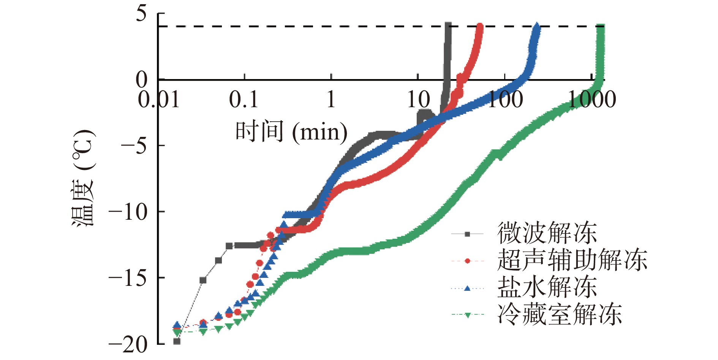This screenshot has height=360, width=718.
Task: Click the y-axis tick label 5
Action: [141, 14]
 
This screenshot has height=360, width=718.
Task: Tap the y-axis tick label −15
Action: [128, 278]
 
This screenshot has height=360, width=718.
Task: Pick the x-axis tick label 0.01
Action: [159, 100]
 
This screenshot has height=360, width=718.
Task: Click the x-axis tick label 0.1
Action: [244, 100]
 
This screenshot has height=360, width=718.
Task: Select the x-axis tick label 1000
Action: [592, 100]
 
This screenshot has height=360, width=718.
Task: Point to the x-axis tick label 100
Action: [505, 100]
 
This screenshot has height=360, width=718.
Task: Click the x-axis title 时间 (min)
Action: [291, 132]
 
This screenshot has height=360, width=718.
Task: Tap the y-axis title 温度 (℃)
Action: [83, 178]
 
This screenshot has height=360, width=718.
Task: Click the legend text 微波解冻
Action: [547, 233]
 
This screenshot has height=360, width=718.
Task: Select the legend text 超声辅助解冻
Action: [572, 260]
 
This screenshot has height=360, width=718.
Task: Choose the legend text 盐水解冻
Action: [547, 287]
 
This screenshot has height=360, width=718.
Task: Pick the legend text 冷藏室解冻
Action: [560, 314]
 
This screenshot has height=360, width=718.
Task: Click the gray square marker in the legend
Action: [467, 234]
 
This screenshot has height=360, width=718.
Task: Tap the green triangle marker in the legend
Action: [467, 315]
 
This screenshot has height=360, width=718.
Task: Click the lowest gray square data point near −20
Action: [177, 341]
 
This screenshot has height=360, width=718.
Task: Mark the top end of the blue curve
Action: [536, 26]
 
